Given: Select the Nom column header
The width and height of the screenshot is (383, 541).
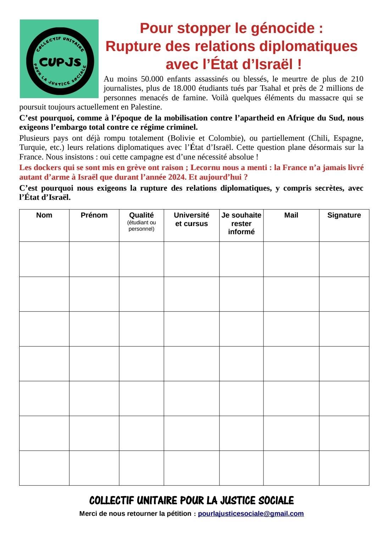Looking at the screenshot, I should pos(44,215).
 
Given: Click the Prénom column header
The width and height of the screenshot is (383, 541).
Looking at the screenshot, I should pos(94,215).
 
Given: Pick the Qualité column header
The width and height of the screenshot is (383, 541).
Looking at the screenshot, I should pos(141,215).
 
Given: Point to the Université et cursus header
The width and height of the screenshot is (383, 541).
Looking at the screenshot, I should pos(191,219).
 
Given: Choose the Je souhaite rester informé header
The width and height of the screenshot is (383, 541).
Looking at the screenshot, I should pos(241,223).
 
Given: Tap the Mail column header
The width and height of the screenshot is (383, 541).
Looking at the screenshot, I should pos(291,215).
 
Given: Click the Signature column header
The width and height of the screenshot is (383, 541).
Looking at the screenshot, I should pos(344,215).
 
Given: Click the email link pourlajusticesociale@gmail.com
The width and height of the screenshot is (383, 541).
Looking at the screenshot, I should pos(251,513).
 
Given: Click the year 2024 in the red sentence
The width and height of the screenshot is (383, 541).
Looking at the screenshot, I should pos(177,177).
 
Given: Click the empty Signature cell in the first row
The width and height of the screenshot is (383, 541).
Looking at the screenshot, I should pos(344,259).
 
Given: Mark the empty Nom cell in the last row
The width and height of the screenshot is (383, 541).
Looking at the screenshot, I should pos(44,468).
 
